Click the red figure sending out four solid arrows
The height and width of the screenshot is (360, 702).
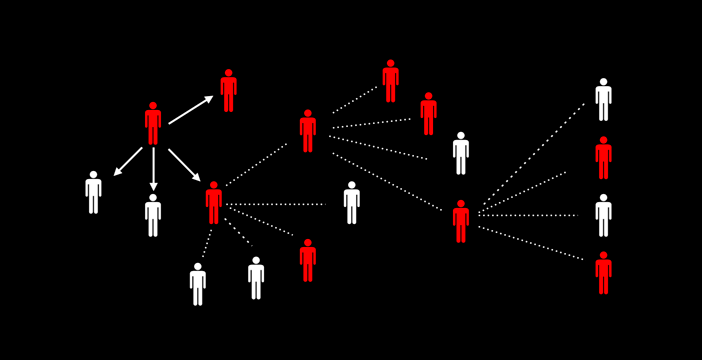tap(153, 125)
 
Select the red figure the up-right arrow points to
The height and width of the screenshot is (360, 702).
tap(229, 92)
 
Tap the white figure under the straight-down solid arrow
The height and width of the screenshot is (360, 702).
tap(153, 216)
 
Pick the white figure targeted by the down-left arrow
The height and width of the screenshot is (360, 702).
tap(93, 193)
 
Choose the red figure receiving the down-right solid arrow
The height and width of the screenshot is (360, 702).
tap(213, 204)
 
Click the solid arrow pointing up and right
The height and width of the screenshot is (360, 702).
tap(190, 110)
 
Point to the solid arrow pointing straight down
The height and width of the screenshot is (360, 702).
tap(153, 168)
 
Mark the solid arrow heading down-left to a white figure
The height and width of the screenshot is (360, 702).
tap(128, 161)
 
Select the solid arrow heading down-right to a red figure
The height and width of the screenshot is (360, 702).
tap(184, 164)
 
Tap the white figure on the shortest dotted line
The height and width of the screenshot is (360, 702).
tap(198, 285)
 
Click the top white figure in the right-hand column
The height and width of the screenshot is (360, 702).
tap(603, 100)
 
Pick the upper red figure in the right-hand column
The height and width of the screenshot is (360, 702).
tap(603, 159)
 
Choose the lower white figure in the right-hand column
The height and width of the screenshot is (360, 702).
tap(603, 216)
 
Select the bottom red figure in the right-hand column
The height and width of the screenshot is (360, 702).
tap(603, 274)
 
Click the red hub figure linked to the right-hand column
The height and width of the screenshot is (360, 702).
tap(461, 222)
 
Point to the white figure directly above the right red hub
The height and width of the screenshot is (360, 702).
tap(461, 154)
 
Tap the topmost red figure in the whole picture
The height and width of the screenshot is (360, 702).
tap(391, 82)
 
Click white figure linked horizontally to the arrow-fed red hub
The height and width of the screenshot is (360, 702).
tap(352, 204)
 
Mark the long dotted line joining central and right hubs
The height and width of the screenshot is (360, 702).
tap(388, 182)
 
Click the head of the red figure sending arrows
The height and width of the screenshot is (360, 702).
tap(153, 105)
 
